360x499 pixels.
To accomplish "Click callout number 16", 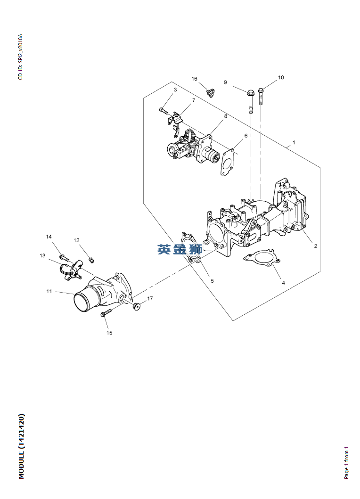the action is tap(195, 79).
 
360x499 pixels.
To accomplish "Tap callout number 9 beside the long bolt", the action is tap(225, 82).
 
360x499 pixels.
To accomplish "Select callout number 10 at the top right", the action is tap(281, 78).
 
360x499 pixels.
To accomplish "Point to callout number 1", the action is tap(294, 143).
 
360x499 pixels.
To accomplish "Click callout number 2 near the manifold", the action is tap(315, 246).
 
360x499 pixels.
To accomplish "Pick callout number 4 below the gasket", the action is tap(283, 283).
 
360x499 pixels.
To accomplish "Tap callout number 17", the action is tap(150, 299).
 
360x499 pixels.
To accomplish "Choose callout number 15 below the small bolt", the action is tap(109, 333).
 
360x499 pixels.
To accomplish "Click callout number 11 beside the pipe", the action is tap(49, 291).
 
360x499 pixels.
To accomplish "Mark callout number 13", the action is tap(43, 255).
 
